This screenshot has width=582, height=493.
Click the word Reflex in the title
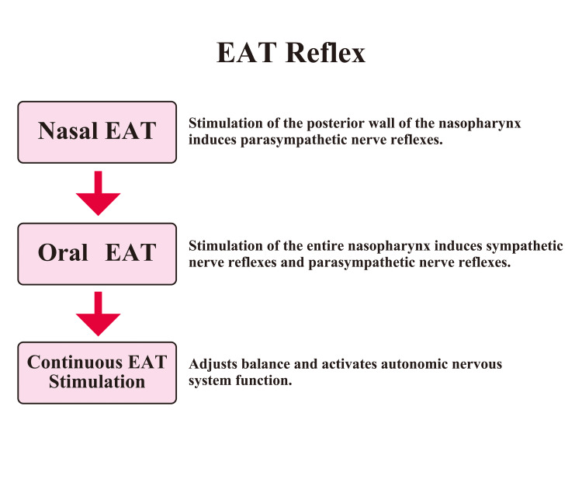click(325, 54)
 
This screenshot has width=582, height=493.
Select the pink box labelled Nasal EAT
click(97, 132)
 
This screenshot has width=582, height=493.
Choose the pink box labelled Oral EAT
click(97, 254)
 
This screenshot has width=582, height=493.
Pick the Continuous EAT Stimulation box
click(97, 373)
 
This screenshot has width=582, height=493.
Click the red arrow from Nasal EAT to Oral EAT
click(98, 194)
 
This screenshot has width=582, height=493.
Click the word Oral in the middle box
click(63, 254)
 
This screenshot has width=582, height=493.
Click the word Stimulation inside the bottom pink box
click(97, 382)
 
